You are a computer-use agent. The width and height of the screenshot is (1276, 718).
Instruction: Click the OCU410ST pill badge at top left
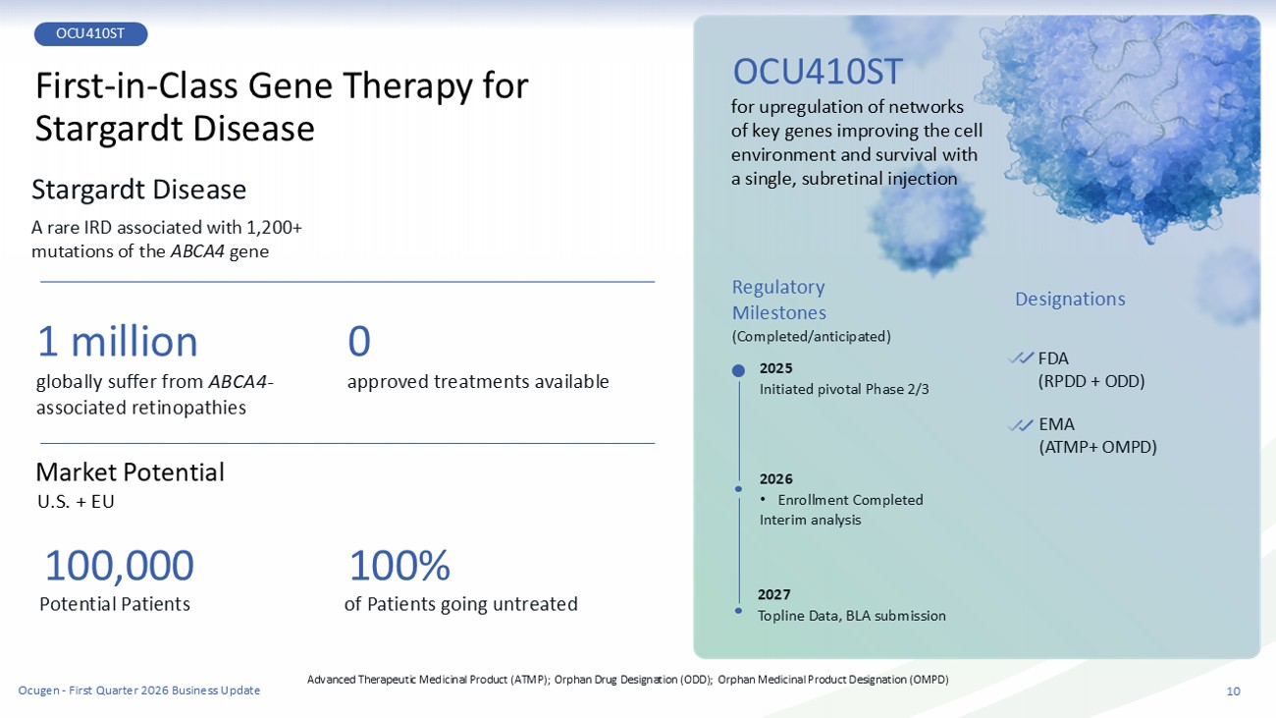click(x=90, y=34)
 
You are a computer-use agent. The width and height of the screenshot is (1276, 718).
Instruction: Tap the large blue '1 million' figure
click(x=118, y=342)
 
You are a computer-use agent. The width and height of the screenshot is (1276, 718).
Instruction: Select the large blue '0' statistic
click(x=359, y=342)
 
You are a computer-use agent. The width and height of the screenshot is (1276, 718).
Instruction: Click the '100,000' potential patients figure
click(x=120, y=566)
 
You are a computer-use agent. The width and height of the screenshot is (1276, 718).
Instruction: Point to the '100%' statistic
click(x=399, y=566)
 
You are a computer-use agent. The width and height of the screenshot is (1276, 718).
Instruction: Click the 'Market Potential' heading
click(x=130, y=472)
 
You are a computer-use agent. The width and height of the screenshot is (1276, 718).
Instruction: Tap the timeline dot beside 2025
click(x=738, y=371)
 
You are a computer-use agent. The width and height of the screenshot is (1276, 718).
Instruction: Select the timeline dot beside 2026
click(x=739, y=489)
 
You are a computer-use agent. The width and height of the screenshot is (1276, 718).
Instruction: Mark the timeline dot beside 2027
click(x=739, y=610)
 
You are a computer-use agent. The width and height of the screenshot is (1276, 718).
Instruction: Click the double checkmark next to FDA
click(x=1020, y=359)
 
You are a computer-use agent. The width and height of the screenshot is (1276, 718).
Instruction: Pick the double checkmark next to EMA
click(x=1020, y=425)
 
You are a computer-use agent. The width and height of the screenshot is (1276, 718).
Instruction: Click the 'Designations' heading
click(x=1070, y=300)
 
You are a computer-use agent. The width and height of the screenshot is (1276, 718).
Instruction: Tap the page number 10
click(x=1233, y=691)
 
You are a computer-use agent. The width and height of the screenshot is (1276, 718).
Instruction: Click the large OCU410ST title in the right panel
click(x=818, y=72)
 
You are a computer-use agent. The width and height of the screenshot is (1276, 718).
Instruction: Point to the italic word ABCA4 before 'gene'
click(x=197, y=251)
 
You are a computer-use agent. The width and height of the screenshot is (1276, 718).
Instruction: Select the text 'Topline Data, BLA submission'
click(x=852, y=616)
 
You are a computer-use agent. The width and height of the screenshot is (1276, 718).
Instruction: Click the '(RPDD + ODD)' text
click(x=1091, y=381)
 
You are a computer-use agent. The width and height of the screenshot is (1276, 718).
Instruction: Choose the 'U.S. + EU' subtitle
click(x=76, y=502)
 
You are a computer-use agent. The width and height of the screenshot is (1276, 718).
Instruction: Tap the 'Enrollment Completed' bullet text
click(x=850, y=500)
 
